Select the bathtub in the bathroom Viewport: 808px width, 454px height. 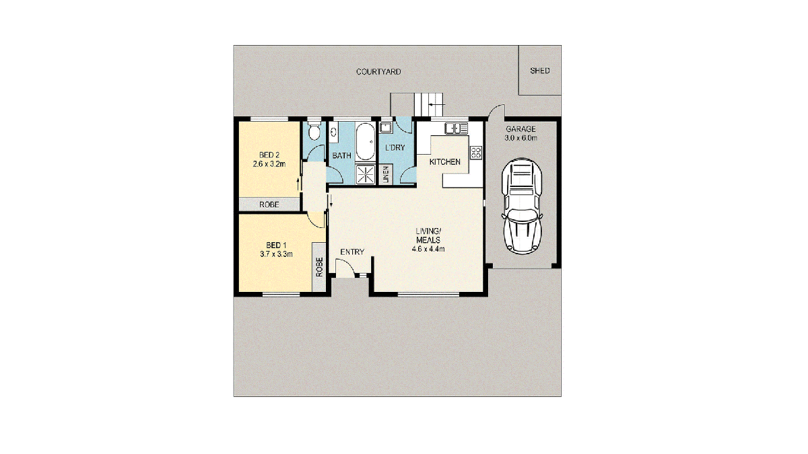(366, 141)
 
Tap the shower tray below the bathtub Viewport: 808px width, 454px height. (366, 174)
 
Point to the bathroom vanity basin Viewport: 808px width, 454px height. (333, 132)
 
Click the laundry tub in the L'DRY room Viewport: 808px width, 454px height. (386, 128)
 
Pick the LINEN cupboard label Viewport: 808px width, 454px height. (386, 174)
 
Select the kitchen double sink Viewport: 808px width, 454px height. (456, 128)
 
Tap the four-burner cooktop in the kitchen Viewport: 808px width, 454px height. (476, 152)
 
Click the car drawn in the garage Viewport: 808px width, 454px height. (522, 206)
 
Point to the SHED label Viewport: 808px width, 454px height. (539, 71)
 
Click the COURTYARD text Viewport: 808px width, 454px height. (378, 72)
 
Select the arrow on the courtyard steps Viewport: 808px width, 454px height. (437, 104)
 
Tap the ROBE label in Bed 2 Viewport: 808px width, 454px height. (269, 204)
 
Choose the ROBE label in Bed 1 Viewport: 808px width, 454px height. (319, 267)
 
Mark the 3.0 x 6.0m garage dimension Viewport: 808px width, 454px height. (521, 138)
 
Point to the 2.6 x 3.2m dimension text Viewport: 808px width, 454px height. (269, 164)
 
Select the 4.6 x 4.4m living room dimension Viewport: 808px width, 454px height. (428, 249)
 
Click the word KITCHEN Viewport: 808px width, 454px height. (445, 162)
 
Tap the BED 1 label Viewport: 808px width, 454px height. (276, 245)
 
